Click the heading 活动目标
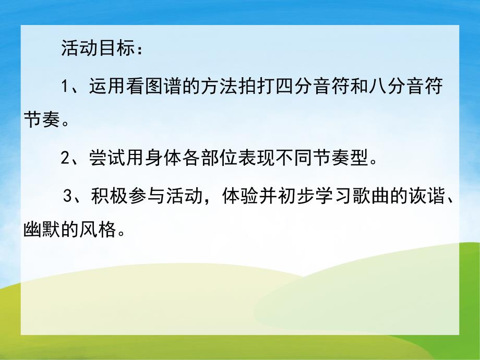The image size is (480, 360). pos(98,51)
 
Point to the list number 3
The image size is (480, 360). pos(66,197)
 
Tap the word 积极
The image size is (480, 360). pos(104,197)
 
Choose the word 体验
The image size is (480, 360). pos(239,197)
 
